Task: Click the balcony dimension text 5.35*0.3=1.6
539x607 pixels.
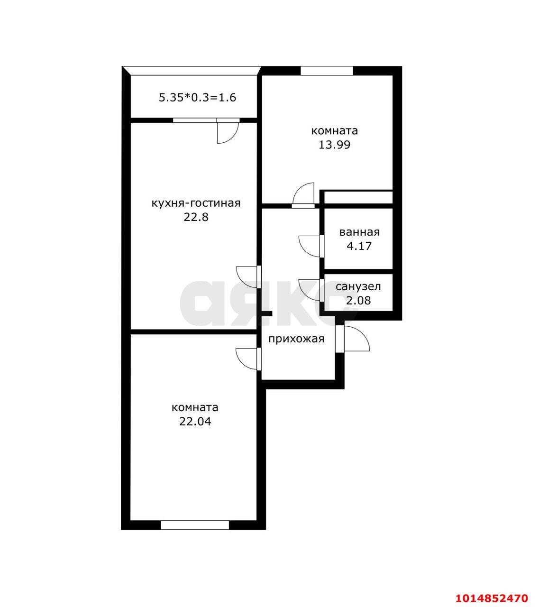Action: [197, 98]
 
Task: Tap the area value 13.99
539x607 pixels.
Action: [334, 145]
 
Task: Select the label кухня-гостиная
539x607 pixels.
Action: [196, 203]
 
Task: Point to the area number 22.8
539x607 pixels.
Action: [196, 218]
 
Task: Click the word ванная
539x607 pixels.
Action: [359, 232]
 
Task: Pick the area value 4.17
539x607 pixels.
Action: [359, 246]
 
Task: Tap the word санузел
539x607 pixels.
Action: [358, 286]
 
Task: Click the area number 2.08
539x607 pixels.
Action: [358, 300]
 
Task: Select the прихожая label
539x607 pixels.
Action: [296, 339]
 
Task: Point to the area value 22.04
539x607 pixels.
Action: [195, 422]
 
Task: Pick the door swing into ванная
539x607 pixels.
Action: [310, 246]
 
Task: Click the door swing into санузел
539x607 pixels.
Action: [310, 290]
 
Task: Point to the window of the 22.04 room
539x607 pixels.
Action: [195, 525]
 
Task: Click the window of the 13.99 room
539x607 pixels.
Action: [327, 71]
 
